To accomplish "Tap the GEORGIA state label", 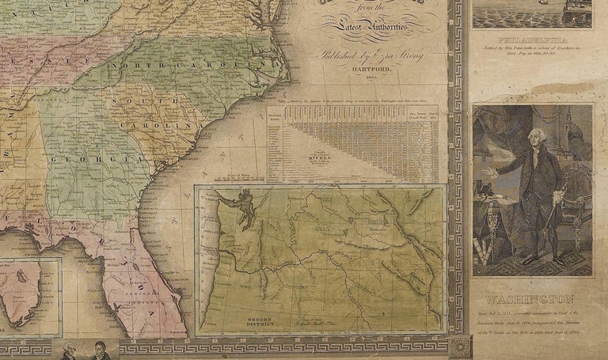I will click(89, 160).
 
